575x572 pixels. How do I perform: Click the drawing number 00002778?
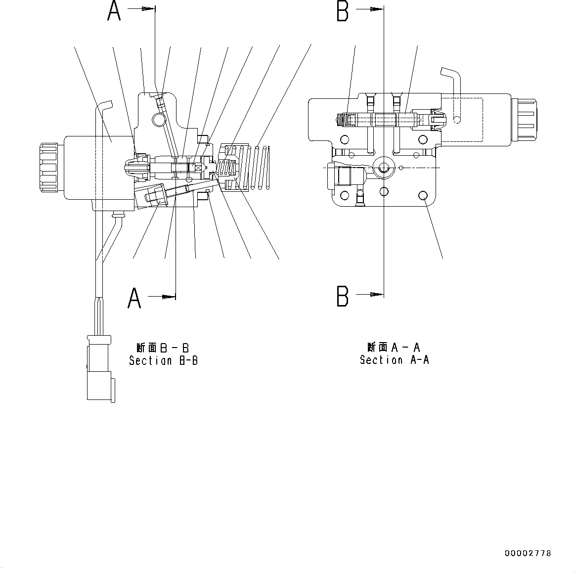pyautogui.click(x=528, y=553)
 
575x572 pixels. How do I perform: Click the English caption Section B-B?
pyautogui.click(x=163, y=361)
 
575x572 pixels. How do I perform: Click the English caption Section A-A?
pyautogui.click(x=394, y=360)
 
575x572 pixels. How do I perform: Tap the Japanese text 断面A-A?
pyautogui.click(x=394, y=347)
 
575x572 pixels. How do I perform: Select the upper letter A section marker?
pyautogui.click(x=114, y=11)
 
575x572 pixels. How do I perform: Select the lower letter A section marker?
pyautogui.click(x=134, y=298)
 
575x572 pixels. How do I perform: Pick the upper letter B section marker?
pyautogui.click(x=343, y=11)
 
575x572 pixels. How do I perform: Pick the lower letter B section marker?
pyautogui.click(x=343, y=296)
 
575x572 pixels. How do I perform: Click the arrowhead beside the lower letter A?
pyautogui.click(x=170, y=297)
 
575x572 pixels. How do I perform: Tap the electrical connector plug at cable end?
pyautogui.click(x=100, y=368)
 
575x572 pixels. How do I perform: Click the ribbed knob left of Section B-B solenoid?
pyautogui.click(x=49, y=167)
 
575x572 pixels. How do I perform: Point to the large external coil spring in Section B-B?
pyautogui.click(x=261, y=167)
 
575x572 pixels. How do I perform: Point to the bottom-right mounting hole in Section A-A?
pyautogui.click(x=423, y=196)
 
